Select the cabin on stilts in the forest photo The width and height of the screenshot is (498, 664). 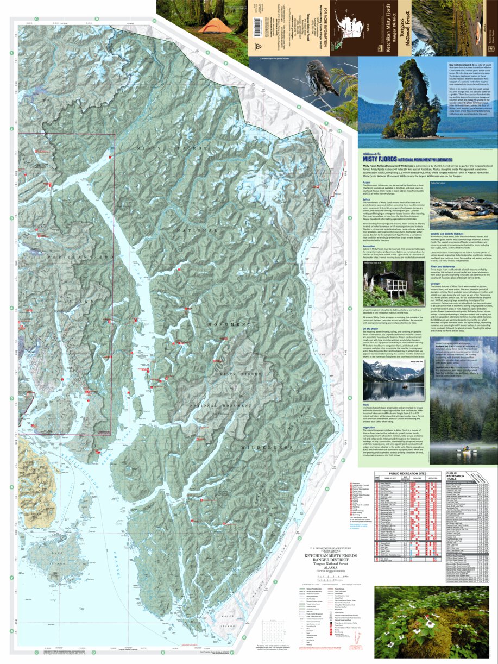pos(387,285)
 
